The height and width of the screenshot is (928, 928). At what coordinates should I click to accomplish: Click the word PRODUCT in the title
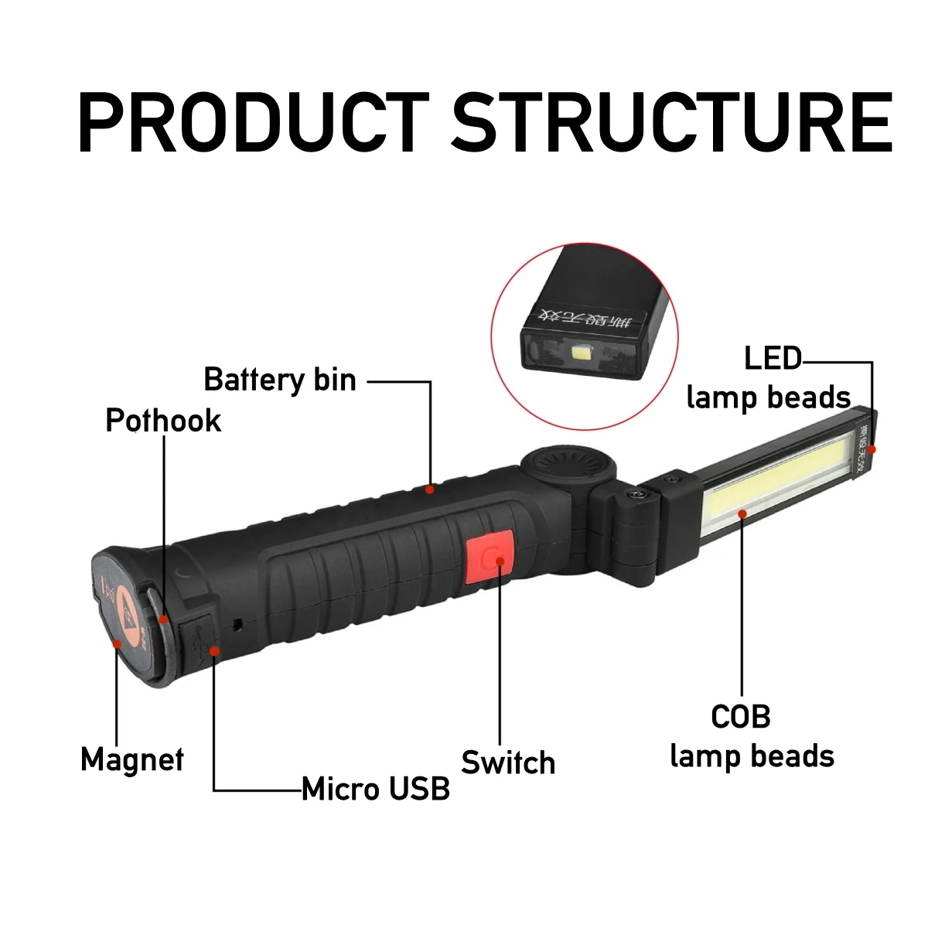pos(253,122)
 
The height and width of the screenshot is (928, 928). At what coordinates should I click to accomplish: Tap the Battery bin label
pos(280,380)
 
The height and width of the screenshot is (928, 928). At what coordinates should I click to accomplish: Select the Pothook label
pos(163,421)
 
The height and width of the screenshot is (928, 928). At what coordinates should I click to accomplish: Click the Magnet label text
pos(132,759)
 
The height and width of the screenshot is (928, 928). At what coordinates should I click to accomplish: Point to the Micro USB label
pos(376,789)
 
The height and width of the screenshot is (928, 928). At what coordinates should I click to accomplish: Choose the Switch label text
pos(508,763)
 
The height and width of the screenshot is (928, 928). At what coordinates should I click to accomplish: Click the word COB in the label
pos(741,717)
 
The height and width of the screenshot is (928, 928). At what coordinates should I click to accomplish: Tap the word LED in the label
pos(773,359)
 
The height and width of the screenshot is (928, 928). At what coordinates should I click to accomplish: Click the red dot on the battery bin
pos(430,489)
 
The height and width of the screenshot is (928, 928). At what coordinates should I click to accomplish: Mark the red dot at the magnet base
pos(117,643)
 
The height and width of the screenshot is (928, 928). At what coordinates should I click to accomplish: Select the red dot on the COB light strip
pos(742,513)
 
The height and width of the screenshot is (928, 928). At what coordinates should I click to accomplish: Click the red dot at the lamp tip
pos(872,449)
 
